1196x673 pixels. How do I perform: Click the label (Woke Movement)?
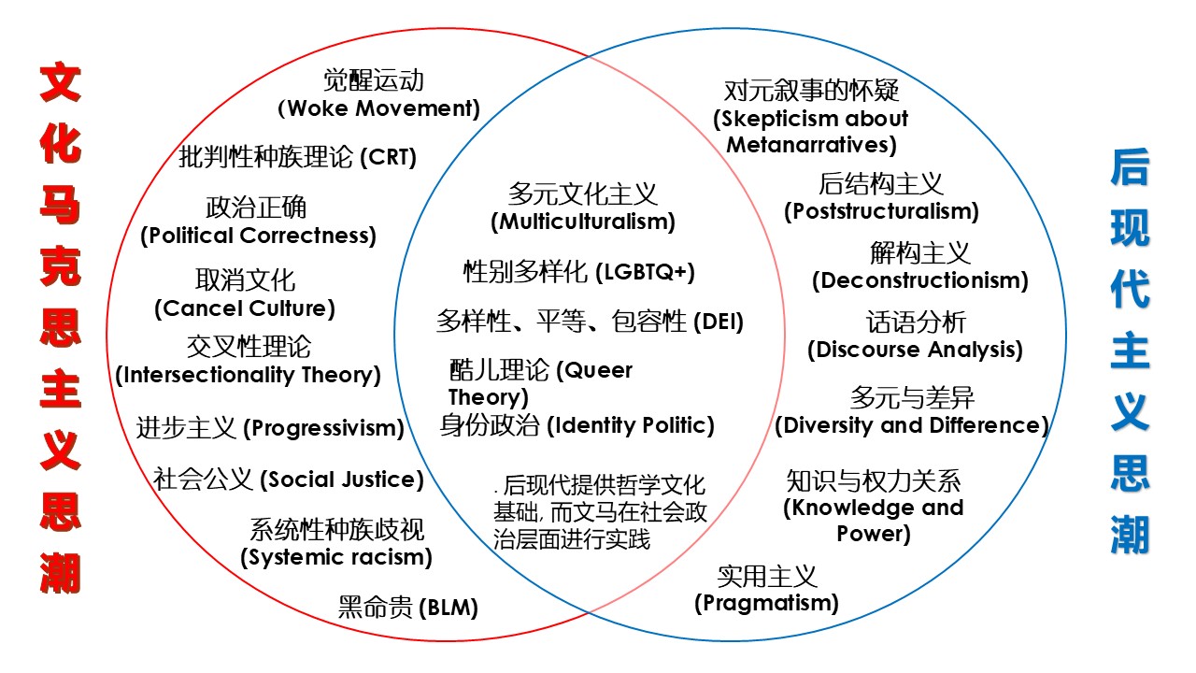tap(379, 108)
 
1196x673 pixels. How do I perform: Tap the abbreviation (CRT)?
tap(388, 157)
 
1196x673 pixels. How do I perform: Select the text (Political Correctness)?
tap(258, 235)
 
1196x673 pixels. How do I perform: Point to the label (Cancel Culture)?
tap(244, 308)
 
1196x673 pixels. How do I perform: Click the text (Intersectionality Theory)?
tap(248, 375)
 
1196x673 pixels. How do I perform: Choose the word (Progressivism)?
tap(323, 429)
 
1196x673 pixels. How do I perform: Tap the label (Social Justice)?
tap(341, 480)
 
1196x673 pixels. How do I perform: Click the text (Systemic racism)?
tap(336, 558)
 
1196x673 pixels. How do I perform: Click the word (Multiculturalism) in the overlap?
tap(583, 222)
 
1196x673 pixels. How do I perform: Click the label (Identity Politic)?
tap(630, 426)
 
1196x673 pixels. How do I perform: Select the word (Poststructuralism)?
tap(881, 211)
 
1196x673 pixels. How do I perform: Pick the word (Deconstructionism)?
tap(920, 280)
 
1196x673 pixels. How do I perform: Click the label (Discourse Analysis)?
tap(916, 350)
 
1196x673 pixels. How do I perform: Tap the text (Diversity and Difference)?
tap(912, 425)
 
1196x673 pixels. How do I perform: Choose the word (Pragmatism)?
tap(766, 603)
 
